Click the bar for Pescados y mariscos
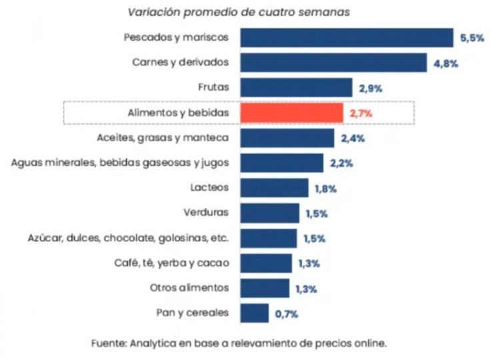tap(347, 37)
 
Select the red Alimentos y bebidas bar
tap(291, 113)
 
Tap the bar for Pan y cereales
tap(254, 312)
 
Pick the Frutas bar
tap(296, 87)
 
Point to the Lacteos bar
tap(274, 188)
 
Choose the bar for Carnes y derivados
tap(333, 63)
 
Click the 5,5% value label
tap(472, 38)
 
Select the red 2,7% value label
tap(361, 113)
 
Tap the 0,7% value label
tap(285, 313)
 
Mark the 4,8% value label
tap(445, 63)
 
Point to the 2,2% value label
tap(341, 163)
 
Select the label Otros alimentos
tap(190, 287)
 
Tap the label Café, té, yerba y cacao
tap(172, 263)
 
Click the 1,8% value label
tap(326, 189)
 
